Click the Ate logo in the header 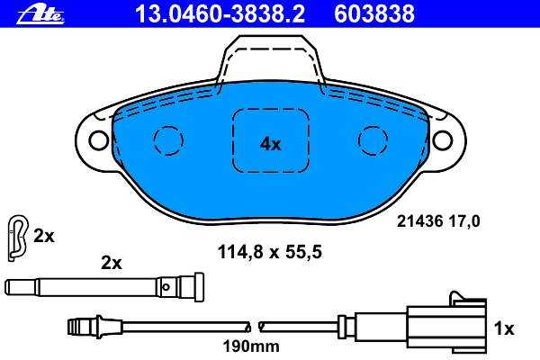[x=40, y=15]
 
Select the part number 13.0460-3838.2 [x=220, y=14]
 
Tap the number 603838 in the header [x=374, y=14]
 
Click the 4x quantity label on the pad [x=270, y=144]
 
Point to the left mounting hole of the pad [x=99, y=139]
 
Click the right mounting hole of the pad [x=443, y=139]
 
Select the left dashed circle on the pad [x=168, y=140]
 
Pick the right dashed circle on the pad [x=373, y=140]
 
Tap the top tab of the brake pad [x=270, y=58]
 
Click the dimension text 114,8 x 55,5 [x=270, y=252]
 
